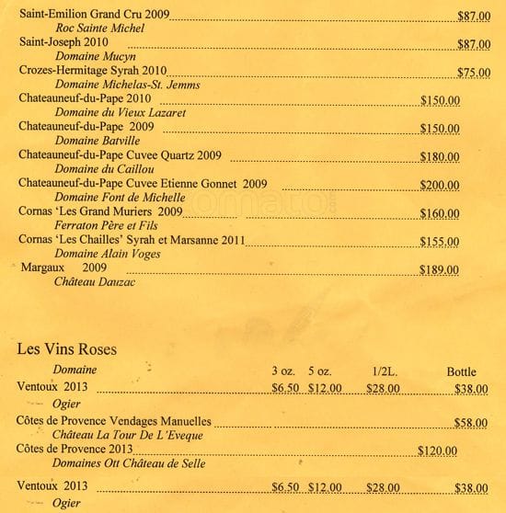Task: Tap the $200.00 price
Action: (439, 185)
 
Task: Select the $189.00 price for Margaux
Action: (439, 269)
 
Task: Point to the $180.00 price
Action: (439, 157)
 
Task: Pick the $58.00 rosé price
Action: (471, 422)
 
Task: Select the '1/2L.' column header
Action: (383, 371)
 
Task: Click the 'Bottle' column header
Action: (461, 371)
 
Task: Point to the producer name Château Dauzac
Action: (94, 283)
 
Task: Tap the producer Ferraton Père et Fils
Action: (99, 226)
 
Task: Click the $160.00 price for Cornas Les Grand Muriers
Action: (439, 214)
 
